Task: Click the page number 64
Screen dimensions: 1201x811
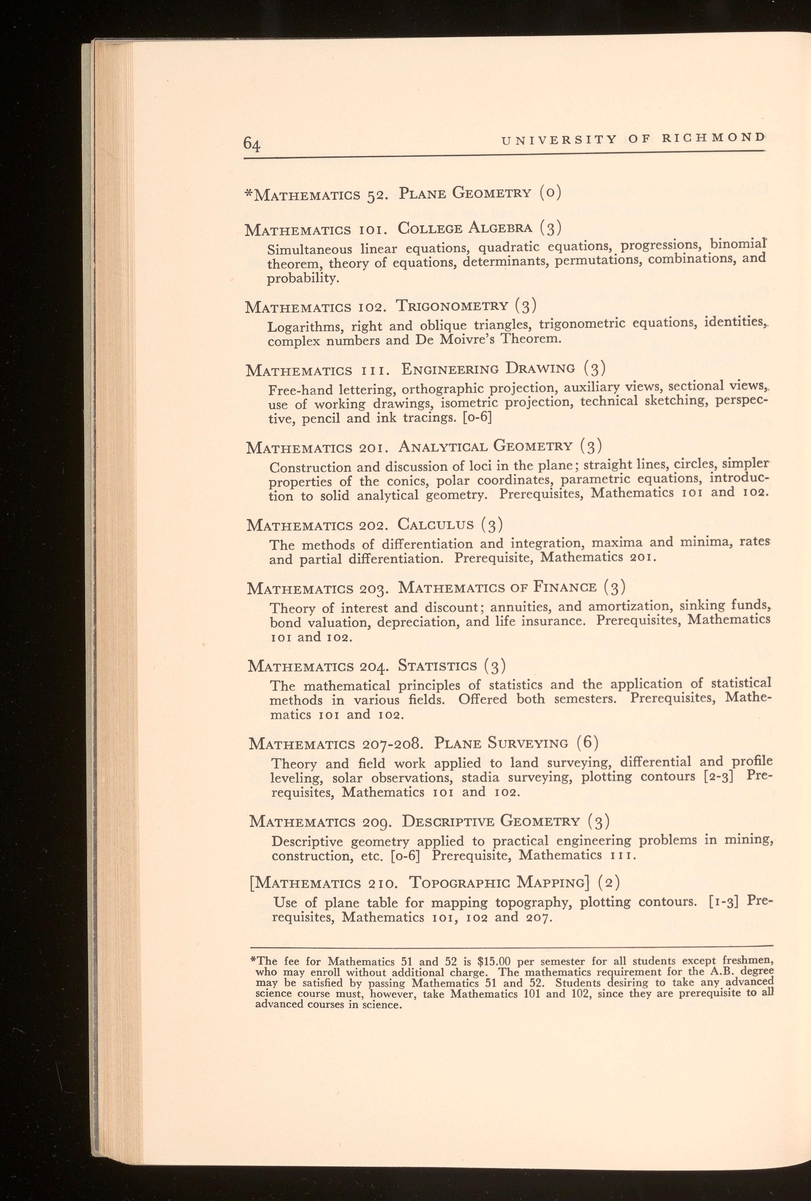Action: coord(252,143)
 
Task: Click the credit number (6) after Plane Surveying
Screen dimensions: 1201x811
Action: coord(587,743)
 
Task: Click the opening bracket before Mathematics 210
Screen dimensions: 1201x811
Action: coord(252,883)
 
